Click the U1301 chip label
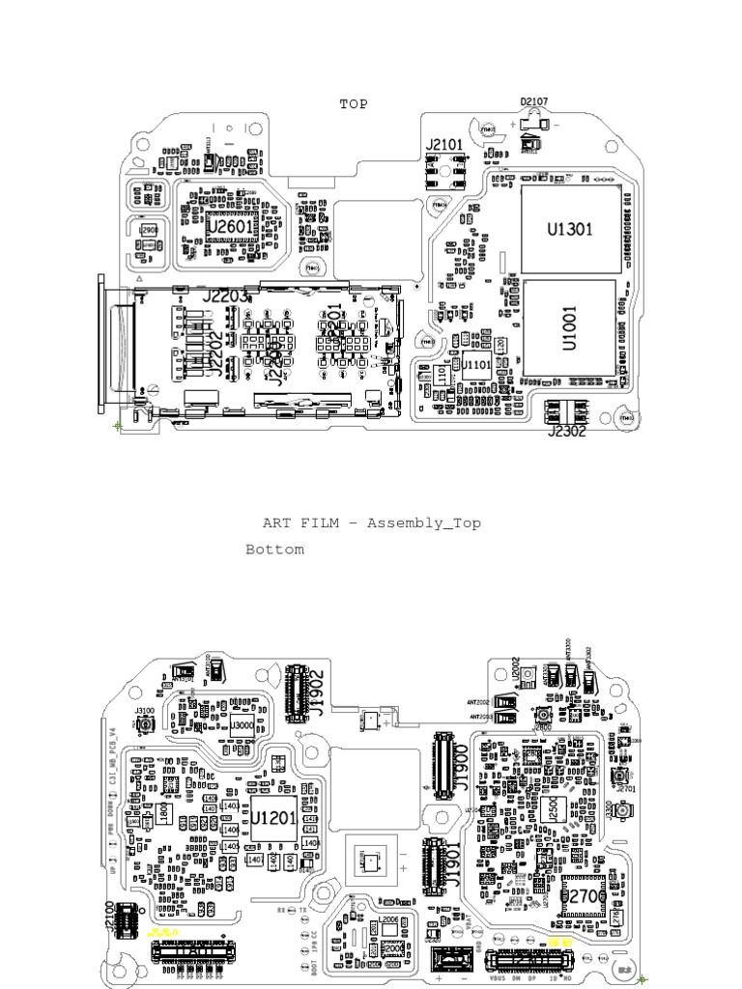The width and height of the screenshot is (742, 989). point(569,230)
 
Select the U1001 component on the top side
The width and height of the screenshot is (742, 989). point(569,328)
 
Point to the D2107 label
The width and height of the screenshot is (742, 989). point(534,101)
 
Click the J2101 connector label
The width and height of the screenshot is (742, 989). point(444,145)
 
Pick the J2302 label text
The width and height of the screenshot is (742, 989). point(567,432)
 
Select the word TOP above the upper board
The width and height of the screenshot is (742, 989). point(354,103)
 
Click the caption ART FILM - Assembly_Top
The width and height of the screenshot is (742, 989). point(372,523)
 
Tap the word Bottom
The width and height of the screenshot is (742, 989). point(274,550)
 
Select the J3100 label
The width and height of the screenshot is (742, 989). point(145,711)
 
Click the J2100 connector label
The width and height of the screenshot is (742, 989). point(108,916)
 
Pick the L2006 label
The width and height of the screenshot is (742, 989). point(388,918)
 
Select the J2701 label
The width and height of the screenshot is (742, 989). point(626,789)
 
